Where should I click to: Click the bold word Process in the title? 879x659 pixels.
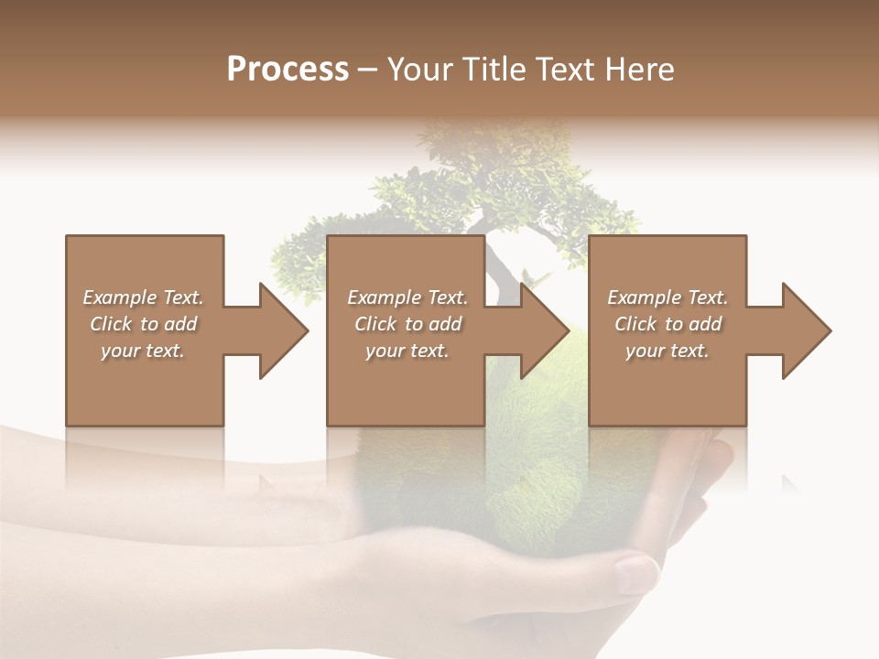[288, 70]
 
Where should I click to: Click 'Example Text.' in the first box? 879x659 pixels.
[143, 297]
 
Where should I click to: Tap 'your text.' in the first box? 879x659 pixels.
[143, 351]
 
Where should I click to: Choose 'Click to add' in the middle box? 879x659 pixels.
[407, 324]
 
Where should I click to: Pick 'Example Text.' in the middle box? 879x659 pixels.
[407, 297]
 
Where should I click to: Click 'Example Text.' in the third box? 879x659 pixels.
[667, 297]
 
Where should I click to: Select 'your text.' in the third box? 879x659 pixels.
[667, 351]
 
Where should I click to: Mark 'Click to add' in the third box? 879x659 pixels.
[667, 324]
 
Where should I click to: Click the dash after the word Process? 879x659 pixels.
[368, 70]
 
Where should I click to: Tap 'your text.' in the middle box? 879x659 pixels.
[407, 351]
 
